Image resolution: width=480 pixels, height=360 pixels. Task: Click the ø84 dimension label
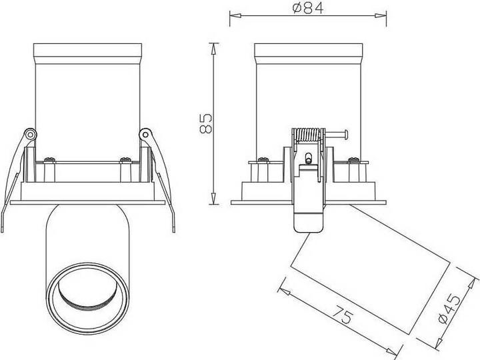pyautogui.click(x=307, y=8)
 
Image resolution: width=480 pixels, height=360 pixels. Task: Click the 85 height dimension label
pyautogui.click(x=206, y=123)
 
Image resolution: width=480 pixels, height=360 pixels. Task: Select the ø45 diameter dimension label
pyautogui.click(x=449, y=309)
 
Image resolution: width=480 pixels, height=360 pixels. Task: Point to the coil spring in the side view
pyautogui.click(x=308, y=135)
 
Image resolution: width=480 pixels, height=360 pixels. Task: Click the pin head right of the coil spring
pyautogui.click(x=346, y=135)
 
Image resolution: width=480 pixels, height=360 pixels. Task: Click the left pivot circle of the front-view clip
pyautogui.click(x=30, y=134)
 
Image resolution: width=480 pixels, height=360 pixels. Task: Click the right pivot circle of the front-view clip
pyautogui.click(x=145, y=134)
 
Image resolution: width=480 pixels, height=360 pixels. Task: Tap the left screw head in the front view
pyautogui.click(x=49, y=159)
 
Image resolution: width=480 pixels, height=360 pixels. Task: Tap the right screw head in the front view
pyautogui.click(x=125, y=159)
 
